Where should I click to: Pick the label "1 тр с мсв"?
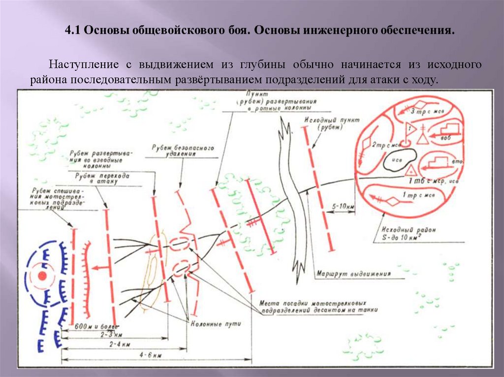pos(418,196)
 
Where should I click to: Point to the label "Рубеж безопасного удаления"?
pos(182,150)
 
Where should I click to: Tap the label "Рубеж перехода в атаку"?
pos(103,178)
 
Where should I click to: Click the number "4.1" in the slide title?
pos(73,31)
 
